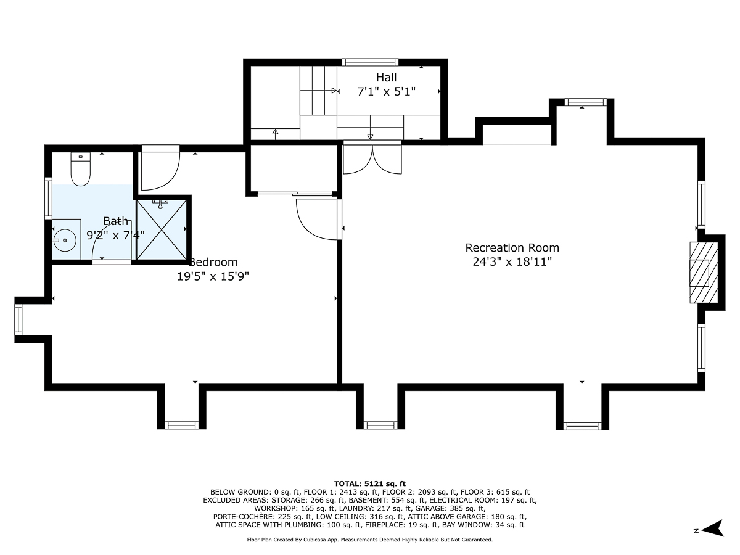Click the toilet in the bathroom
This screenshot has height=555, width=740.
click(x=81, y=169)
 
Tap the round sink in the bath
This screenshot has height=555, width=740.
click(x=65, y=240)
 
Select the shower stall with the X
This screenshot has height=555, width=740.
click(x=162, y=230)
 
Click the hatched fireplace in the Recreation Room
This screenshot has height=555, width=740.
click(x=704, y=273)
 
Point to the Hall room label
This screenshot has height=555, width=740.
click(x=387, y=78)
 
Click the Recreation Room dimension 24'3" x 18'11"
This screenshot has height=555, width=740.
click(x=512, y=262)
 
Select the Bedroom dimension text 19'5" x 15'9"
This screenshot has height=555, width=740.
click(x=213, y=276)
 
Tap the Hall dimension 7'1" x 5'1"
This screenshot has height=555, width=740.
click(x=387, y=92)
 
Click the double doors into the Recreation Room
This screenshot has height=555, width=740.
click(x=372, y=158)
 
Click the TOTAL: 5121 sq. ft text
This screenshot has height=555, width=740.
click(x=370, y=484)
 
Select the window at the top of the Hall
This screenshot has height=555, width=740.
click(x=370, y=62)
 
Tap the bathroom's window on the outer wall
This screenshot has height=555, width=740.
click(x=49, y=199)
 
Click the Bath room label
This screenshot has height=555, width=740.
click(x=116, y=221)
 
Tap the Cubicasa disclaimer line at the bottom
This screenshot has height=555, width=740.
click(x=370, y=540)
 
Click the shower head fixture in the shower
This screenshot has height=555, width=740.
click(x=160, y=204)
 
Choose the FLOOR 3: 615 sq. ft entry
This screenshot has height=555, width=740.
click(x=495, y=492)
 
